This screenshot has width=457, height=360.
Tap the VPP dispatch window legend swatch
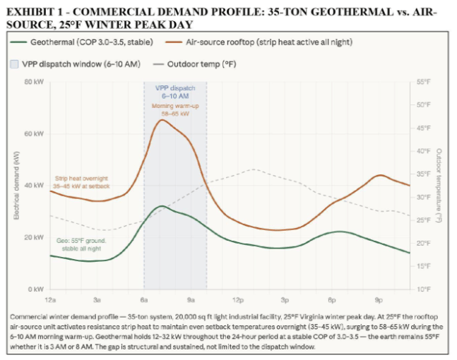coord(15,63)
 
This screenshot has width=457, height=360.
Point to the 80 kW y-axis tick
coord(35,82)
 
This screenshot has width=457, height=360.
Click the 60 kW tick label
coord(35,133)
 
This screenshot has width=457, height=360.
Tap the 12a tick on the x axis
coord(51,300)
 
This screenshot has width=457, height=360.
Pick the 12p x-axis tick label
coord(237,300)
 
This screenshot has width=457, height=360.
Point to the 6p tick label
coord(331,300)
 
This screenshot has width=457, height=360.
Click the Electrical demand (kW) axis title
coord(16,186)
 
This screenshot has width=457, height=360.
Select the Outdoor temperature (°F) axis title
coord(439,186)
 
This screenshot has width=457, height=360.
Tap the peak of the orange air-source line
coord(162,120)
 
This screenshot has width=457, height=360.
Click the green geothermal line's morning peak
coord(162,206)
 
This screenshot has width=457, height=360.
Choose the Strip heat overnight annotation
coord(82,181)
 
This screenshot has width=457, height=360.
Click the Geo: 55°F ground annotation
coord(81,244)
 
